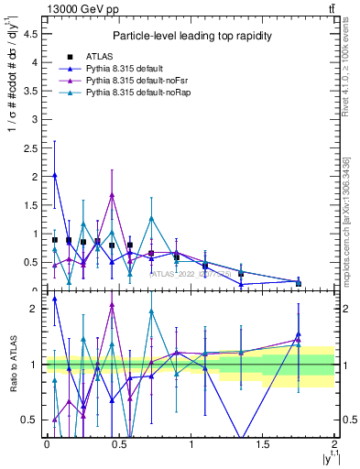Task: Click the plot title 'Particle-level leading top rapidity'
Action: (x=190, y=36)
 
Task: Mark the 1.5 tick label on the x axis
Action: (x=262, y=444)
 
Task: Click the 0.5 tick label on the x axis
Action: (x=118, y=444)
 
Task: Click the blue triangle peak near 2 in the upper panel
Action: (x=55, y=175)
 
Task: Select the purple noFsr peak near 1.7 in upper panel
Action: (x=112, y=194)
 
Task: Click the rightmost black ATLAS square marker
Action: (x=299, y=283)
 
